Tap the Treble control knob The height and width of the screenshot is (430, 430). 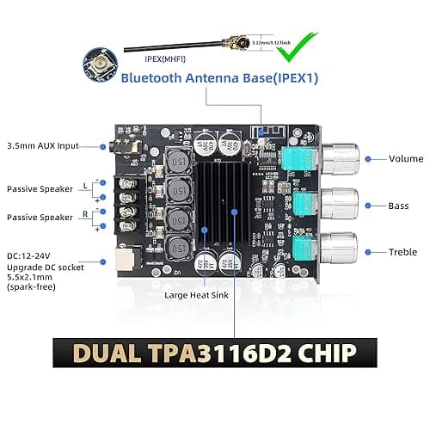[x=338, y=249]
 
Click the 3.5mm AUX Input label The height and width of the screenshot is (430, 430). [x=42, y=145]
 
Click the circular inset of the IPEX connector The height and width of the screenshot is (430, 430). [x=100, y=64]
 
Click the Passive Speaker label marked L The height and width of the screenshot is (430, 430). [x=40, y=188]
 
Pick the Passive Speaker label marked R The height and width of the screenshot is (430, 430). [x=40, y=218]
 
